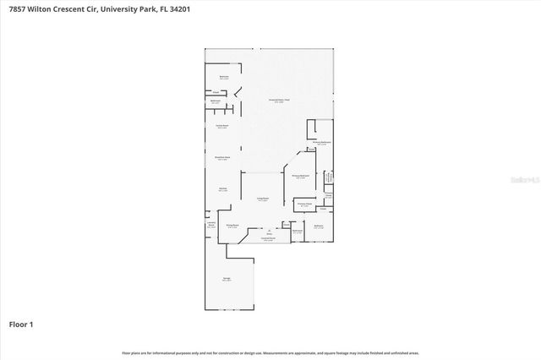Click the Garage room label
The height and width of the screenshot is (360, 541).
pyautogui.click(x=226, y=280)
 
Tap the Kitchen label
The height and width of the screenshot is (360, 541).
pyautogui.click(x=222, y=189)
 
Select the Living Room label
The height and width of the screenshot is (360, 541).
pyautogui.click(x=263, y=199)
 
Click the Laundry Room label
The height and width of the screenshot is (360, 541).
pyautogui.click(x=210, y=225)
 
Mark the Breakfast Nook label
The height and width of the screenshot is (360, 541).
pyautogui.click(x=222, y=158)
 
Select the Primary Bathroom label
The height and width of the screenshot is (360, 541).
pyautogui.click(x=325, y=144)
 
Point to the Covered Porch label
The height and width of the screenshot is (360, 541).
pyautogui.click(x=269, y=239)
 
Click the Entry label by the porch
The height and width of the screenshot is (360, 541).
pyautogui.click(x=269, y=230)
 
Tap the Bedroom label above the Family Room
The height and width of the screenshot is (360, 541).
pyautogui.click(x=224, y=77)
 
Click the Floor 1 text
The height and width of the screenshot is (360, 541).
pyautogui.click(x=22, y=324)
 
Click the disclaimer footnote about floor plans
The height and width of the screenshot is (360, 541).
pyautogui.click(x=270, y=352)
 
